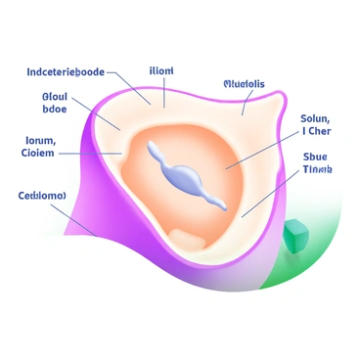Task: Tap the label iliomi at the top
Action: (161, 70)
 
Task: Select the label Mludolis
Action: (244, 84)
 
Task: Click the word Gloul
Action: (56, 97)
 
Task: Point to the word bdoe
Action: (54, 111)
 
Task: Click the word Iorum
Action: (39, 140)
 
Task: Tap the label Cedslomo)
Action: (42, 196)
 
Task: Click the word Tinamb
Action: (317, 169)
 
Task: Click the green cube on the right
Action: (294, 235)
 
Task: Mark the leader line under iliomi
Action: (164, 91)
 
